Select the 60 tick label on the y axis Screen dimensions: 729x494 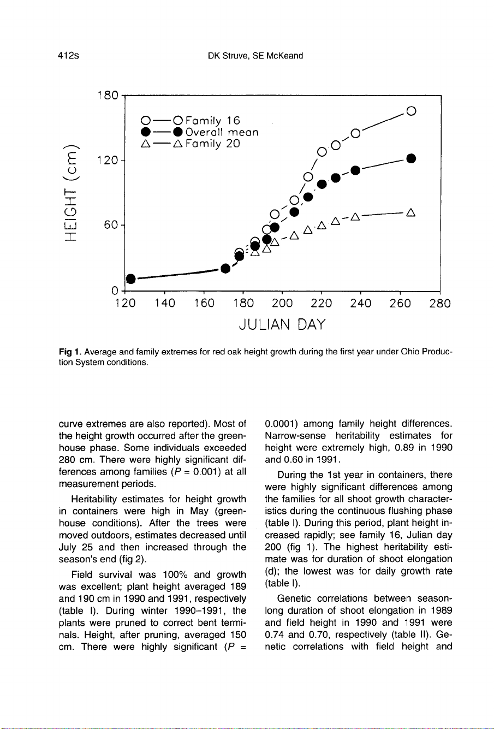pos(111,225)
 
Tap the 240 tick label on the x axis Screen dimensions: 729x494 pos(360,303)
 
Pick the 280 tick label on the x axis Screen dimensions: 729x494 pos(440,303)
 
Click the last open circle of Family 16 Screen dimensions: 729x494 pos(412,111)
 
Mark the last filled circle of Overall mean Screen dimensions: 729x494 pos(412,159)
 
